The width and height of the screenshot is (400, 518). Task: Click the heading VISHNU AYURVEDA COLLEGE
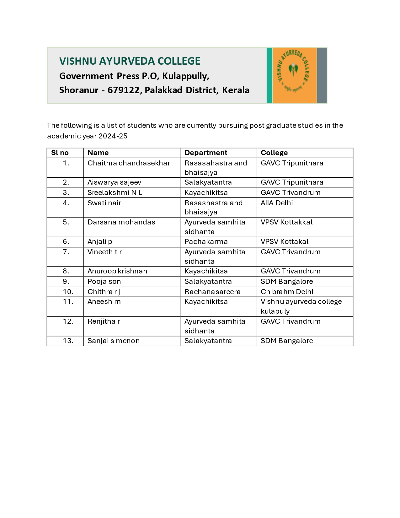point(130,61)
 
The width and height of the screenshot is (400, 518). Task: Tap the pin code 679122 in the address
point(123,90)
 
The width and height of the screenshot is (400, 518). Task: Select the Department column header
point(206,153)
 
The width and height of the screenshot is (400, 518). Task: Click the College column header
point(274,153)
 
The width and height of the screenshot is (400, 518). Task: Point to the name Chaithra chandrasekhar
point(129,163)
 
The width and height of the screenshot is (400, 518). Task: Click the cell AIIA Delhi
point(276,203)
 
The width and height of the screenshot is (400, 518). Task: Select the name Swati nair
point(104,203)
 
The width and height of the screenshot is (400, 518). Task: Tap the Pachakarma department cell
point(206,242)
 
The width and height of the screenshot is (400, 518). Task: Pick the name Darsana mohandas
point(121,222)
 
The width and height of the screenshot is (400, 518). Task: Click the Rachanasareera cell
point(212,292)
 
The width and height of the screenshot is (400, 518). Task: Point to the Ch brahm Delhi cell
point(287,292)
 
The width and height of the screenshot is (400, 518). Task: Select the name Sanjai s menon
point(114,341)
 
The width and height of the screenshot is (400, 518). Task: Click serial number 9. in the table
point(66,282)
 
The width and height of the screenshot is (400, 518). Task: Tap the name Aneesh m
point(104,302)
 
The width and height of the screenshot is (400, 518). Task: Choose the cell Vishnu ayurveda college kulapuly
point(301,306)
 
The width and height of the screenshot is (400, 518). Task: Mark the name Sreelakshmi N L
point(115,193)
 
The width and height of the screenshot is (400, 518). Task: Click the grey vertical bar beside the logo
point(322,75)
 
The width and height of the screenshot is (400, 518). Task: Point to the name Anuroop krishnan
point(117,271)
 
